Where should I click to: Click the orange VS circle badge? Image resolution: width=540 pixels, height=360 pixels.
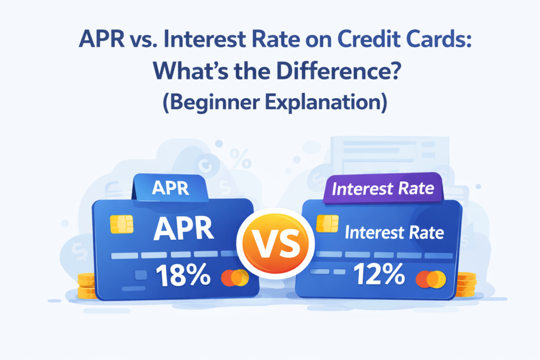click(x=275, y=243)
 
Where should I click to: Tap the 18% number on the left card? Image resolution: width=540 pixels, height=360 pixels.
click(x=183, y=275)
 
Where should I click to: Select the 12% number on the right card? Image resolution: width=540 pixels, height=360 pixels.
click(x=379, y=274)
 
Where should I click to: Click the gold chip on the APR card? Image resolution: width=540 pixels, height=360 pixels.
click(x=122, y=225)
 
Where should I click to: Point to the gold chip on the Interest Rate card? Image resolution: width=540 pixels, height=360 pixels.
click(x=327, y=223)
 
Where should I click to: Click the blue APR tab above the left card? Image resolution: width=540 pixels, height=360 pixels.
click(x=170, y=188)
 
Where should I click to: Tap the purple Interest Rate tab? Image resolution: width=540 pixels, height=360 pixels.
click(x=383, y=189)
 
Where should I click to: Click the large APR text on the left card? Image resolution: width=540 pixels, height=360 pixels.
click(x=184, y=229)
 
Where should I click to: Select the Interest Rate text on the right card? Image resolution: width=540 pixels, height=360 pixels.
click(x=394, y=232)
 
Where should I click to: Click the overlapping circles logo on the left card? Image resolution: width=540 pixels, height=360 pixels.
click(x=235, y=278)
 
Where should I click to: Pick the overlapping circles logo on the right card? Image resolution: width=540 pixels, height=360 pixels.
click(x=431, y=279)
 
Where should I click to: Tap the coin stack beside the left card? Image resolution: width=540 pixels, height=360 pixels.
click(x=86, y=286)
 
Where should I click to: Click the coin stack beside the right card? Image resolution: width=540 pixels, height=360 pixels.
click(x=466, y=284)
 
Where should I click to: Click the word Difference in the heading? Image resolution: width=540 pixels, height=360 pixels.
click(x=339, y=71)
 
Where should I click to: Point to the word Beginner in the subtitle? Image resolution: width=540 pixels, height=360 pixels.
click(x=211, y=102)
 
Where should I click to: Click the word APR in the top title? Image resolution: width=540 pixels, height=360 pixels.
click(x=102, y=39)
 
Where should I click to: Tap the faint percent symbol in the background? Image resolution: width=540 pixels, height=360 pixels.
click(x=240, y=159)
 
